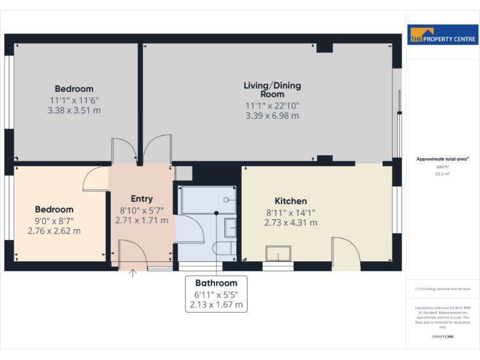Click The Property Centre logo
coord(442,35)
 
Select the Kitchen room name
coord(291,201)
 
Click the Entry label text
coord(141,199)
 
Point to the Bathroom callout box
coord(216,294)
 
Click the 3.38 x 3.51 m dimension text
coord(74,111)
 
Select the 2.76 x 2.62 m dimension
coord(54,231)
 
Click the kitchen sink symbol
coord(278,253)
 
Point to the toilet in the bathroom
coord(225,249)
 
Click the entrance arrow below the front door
coord(132,272)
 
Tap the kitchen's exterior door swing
coord(346,251)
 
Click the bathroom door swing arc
coord(192,229)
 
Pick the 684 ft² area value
coord(442,167)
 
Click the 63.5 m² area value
coord(442,174)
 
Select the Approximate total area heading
coord(442,159)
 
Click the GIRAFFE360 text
coord(442,337)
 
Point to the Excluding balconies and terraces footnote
coord(442,289)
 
